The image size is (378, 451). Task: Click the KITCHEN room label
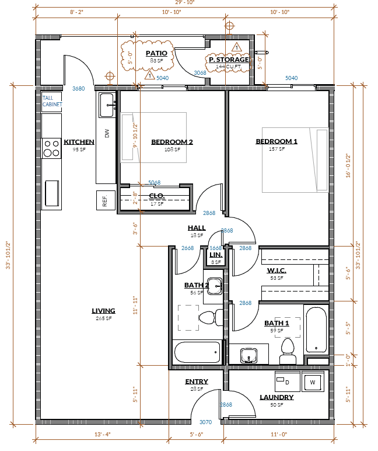click(x=79, y=142)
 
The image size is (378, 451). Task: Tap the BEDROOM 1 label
click(x=276, y=141)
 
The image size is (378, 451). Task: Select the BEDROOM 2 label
click(x=171, y=142)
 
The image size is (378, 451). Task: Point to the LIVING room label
click(x=103, y=311)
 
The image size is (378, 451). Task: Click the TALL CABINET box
click(x=51, y=101)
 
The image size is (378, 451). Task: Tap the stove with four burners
click(x=52, y=148)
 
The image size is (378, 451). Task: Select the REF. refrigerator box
click(x=106, y=200)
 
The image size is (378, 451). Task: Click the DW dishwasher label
click(x=107, y=134)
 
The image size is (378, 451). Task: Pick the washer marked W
click(x=312, y=383)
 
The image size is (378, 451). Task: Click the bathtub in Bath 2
click(x=197, y=352)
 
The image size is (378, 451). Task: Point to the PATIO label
click(x=156, y=53)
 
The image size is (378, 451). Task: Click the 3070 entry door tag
click(x=206, y=422)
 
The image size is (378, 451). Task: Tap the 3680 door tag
click(x=78, y=89)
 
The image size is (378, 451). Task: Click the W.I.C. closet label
click(x=275, y=270)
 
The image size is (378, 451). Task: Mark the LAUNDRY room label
click(x=276, y=397)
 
